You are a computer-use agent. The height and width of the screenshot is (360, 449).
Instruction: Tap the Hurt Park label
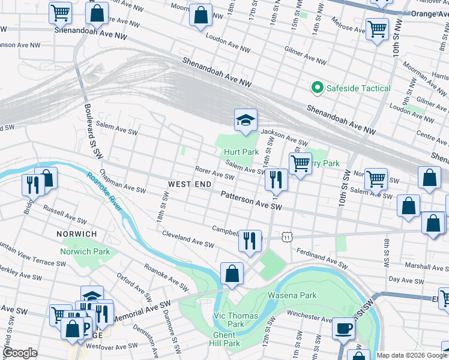(x=241, y=152)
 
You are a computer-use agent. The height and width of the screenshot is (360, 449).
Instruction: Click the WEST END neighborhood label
(x=189, y=184)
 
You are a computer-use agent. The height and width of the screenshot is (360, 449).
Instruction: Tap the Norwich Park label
(x=85, y=251)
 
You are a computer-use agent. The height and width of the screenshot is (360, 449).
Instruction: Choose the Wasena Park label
(x=292, y=295)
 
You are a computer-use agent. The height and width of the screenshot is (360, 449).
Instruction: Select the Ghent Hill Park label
(x=226, y=339)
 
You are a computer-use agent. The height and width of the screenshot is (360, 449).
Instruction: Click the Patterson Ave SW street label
(x=251, y=200)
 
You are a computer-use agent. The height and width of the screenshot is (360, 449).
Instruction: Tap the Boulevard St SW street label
(x=92, y=133)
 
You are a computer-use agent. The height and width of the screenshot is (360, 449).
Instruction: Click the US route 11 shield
(x=289, y=238)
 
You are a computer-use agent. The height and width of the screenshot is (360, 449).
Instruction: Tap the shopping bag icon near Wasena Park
(x=232, y=274)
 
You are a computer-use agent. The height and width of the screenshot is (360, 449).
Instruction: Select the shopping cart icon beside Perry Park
(x=300, y=163)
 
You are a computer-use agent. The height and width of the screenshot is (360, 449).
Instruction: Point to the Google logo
(x=20, y=353)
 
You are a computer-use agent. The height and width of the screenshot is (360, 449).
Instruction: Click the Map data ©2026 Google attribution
(x=412, y=355)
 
